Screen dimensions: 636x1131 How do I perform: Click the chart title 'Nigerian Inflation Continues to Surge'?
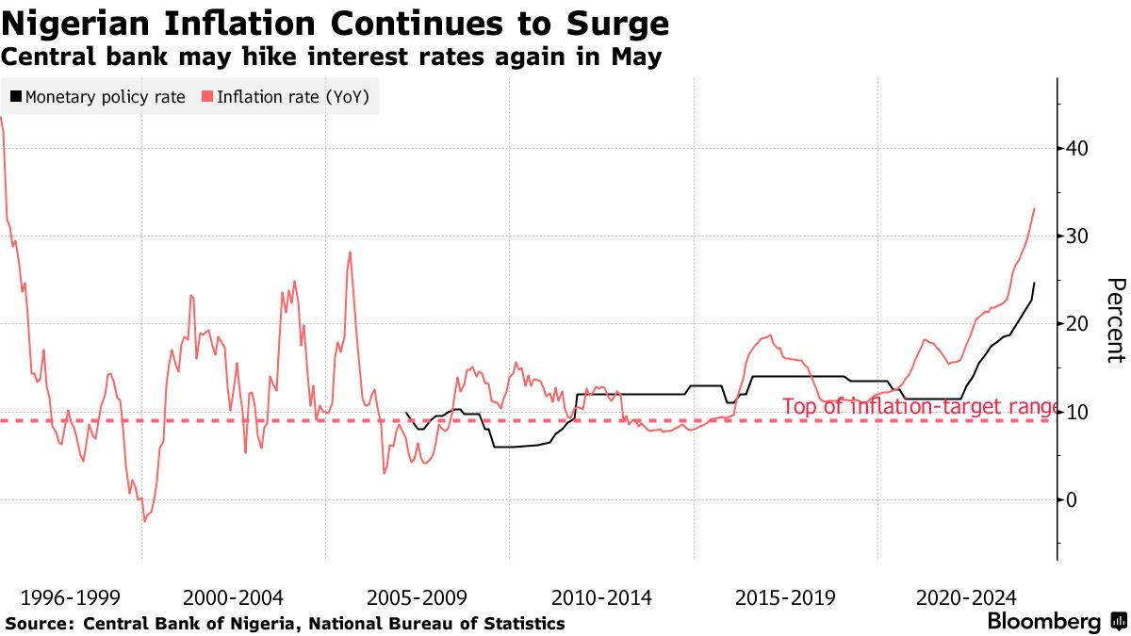(335, 23)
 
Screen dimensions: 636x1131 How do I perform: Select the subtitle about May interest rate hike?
(331, 57)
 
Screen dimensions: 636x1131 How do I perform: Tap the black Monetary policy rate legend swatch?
(17, 97)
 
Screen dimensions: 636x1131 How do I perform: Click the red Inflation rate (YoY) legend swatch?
(207, 97)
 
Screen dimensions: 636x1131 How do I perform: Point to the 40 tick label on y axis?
(1077, 148)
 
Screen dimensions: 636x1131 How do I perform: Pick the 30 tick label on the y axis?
(1077, 236)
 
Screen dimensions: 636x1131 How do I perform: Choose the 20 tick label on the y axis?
(1077, 324)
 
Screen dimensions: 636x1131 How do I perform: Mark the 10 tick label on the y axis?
(1077, 412)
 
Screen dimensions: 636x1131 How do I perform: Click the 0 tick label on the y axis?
(1072, 499)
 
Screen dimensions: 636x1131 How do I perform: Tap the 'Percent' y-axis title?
(1115, 320)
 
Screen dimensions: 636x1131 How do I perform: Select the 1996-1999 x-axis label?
(64, 597)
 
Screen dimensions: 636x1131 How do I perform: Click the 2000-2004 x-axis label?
(233, 597)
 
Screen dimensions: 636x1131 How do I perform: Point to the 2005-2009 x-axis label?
(417, 597)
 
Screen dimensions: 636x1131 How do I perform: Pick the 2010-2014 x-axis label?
(600, 597)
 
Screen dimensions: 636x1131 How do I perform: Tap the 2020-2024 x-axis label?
(966, 597)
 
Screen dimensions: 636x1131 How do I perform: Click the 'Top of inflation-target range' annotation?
(919, 407)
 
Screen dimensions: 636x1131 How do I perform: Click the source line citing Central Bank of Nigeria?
(285, 624)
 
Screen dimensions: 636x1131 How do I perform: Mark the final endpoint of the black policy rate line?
(1034, 283)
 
